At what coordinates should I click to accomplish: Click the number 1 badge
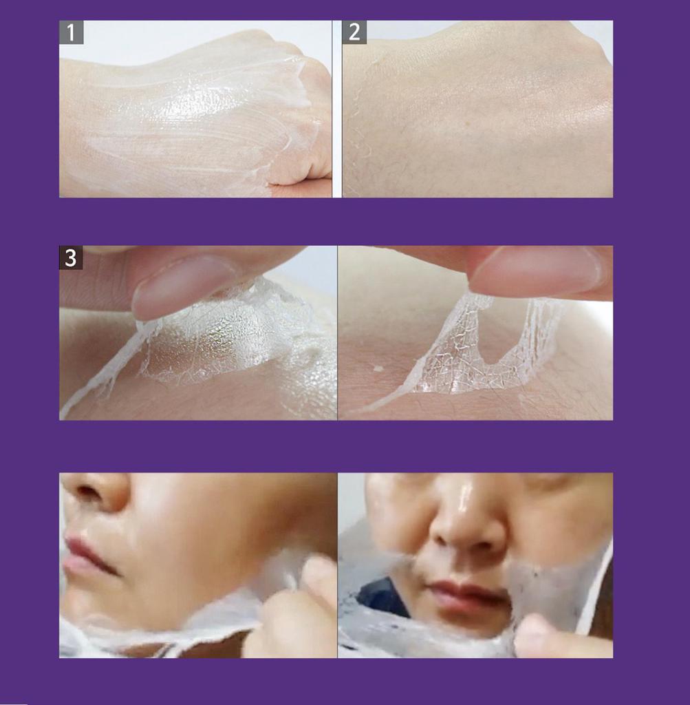(72, 32)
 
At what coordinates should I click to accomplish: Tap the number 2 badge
(354, 32)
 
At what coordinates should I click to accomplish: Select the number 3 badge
(71, 258)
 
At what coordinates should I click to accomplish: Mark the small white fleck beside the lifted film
(378, 369)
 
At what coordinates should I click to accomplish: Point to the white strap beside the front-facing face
(597, 589)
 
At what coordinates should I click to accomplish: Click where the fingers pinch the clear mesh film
(476, 295)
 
